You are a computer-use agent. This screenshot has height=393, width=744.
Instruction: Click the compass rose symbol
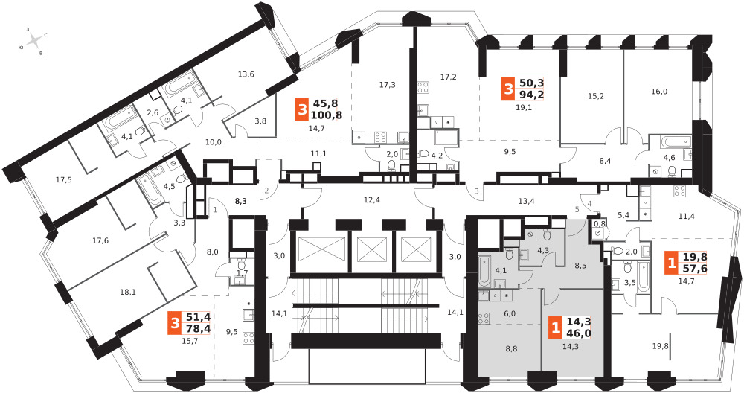click(x=34, y=41)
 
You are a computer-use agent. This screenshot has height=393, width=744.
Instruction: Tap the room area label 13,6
click(x=246, y=74)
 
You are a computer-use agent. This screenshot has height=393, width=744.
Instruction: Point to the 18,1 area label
click(x=128, y=293)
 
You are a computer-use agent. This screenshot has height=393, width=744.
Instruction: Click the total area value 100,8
click(x=327, y=115)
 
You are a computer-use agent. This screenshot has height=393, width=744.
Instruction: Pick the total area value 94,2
click(x=531, y=95)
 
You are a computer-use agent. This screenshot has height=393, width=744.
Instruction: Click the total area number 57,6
click(x=695, y=268)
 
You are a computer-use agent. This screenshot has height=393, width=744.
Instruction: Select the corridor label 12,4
click(x=371, y=199)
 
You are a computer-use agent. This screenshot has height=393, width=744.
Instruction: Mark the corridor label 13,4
click(x=526, y=201)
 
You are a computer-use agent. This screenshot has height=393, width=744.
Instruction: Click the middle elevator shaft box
click(x=372, y=249)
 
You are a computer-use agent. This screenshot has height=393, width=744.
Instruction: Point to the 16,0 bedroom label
click(x=659, y=92)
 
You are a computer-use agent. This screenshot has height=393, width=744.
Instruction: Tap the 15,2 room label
click(x=596, y=96)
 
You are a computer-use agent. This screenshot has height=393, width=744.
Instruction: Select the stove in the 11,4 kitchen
click(x=679, y=191)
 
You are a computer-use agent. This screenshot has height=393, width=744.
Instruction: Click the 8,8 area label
click(x=511, y=349)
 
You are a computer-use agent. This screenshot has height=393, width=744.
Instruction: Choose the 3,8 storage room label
click(x=260, y=121)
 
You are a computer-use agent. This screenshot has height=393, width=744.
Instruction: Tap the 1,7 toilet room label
click(x=242, y=273)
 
